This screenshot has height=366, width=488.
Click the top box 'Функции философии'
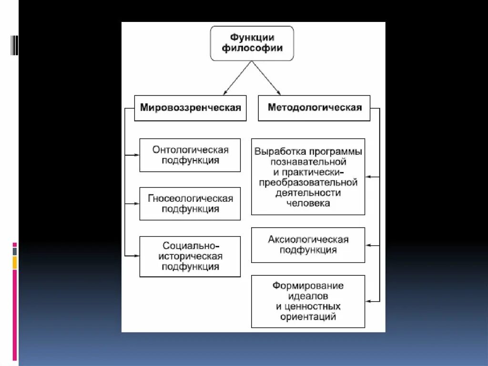coord(252,43)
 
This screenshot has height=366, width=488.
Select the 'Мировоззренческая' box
coord(190,107)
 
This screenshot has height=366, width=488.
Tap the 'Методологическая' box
coord(315,107)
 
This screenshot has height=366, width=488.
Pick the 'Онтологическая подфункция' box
coord(190,155)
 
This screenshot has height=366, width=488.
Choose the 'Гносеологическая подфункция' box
coord(190,204)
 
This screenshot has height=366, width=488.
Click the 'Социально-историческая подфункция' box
coord(190,256)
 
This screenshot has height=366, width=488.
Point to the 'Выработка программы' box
coord(308,177)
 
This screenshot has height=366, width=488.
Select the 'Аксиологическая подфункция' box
coord(308,245)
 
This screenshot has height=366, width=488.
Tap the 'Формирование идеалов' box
coord(308,301)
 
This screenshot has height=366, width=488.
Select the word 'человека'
coord(308,203)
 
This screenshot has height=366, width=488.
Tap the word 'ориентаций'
coord(308,316)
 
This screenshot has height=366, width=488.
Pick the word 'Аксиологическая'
coord(308,240)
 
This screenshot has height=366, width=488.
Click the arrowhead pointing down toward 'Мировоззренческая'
coord(225,92)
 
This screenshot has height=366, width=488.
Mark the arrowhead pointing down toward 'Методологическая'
coord(279,92)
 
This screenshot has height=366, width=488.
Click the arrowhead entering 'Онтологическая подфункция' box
coord(137,155)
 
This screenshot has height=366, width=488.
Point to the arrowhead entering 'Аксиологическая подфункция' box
coord(368,245)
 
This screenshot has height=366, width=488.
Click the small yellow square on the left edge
coord(15,262)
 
